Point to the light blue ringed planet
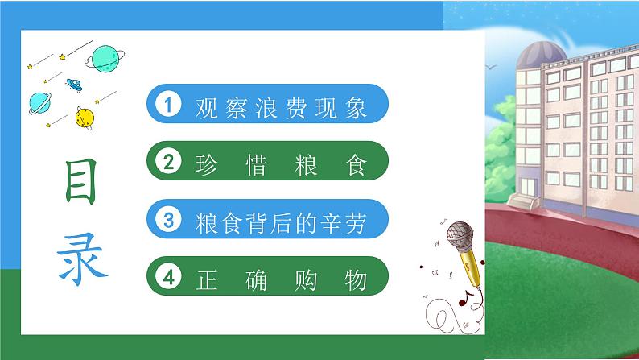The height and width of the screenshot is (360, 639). click(39, 101)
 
